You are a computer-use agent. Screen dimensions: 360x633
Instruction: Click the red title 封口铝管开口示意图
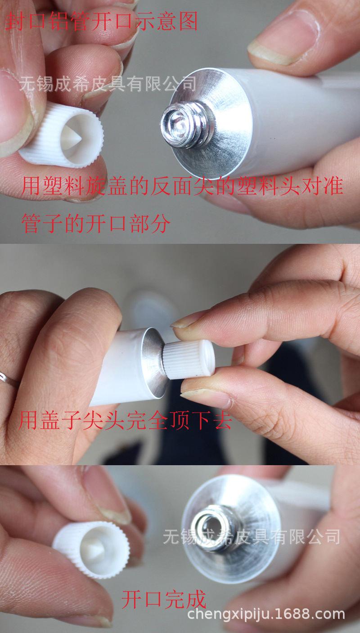(x=101, y=21)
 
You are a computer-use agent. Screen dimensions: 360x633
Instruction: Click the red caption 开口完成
(x=164, y=599)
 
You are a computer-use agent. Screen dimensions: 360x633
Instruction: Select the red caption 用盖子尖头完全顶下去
(x=126, y=420)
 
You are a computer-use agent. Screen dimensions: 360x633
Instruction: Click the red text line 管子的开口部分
(x=96, y=223)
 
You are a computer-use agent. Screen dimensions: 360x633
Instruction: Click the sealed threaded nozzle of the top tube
(x=186, y=124)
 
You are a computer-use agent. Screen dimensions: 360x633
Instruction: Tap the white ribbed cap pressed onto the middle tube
(x=188, y=359)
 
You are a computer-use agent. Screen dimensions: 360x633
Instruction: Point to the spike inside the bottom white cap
(x=94, y=550)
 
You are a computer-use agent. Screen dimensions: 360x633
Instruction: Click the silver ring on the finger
(x=9, y=379)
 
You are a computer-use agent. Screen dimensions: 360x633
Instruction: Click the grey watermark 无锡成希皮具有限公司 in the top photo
(x=108, y=84)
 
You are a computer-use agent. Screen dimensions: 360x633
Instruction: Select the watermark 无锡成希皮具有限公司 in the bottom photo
(x=252, y=537)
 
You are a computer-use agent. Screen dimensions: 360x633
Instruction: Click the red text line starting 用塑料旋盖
(x=182, y=186)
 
